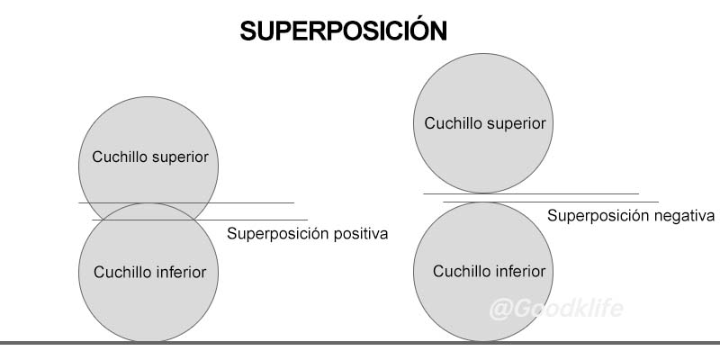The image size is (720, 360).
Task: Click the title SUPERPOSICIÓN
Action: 343,31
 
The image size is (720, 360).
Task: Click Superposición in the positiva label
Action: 274,234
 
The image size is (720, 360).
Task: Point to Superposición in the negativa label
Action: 595,216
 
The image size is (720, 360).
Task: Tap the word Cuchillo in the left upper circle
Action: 121,157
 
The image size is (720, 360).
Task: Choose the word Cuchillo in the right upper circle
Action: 454,123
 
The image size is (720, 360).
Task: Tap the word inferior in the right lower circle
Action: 517,271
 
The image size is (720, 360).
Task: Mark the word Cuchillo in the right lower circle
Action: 459,271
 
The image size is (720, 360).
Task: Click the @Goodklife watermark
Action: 555,310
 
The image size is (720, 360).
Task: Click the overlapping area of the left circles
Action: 148,212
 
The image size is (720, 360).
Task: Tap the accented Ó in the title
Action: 410,30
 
